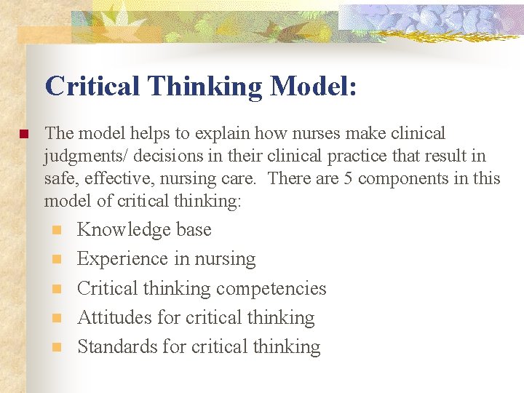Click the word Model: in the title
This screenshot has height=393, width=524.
point(313,87)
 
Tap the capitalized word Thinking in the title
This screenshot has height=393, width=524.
point(205,87)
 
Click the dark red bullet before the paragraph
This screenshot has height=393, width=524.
point(23,135)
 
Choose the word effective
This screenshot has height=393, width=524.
point(111,178)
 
